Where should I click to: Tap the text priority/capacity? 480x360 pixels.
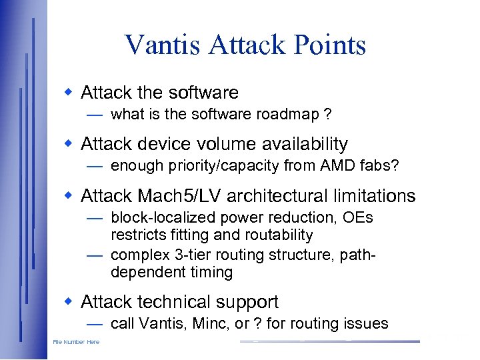point(217,166)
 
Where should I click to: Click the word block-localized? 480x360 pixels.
point(153,218)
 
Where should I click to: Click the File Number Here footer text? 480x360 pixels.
point(76,342)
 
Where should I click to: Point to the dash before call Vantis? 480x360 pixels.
point(94,324)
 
